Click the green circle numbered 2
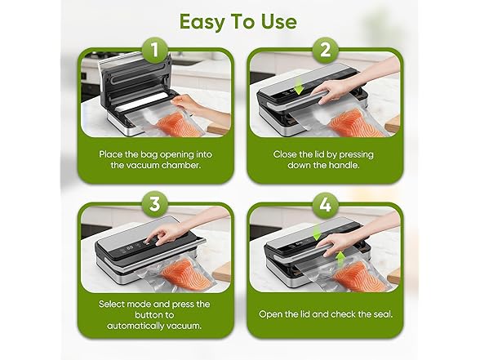click(x=324, y=51)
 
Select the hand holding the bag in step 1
click(x=194, y=102)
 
